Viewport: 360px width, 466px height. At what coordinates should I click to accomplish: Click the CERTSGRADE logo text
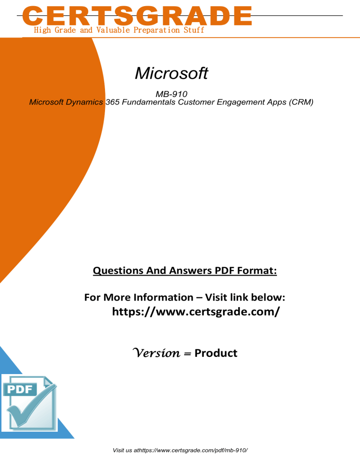137,16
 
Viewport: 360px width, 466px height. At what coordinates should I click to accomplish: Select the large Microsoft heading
172,73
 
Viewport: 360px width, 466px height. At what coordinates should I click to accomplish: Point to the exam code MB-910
172,94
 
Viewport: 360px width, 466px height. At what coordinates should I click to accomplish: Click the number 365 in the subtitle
112,102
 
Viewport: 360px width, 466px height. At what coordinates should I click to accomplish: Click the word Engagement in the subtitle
241,102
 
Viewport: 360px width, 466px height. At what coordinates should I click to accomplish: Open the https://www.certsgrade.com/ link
196,311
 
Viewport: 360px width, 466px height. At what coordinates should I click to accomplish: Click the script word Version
157,353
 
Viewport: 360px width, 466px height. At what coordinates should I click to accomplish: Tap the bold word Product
216,353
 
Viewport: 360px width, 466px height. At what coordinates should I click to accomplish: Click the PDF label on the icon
20,389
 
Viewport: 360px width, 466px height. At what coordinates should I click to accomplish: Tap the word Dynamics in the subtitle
84,102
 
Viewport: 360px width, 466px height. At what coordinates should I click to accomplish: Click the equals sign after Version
187,353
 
